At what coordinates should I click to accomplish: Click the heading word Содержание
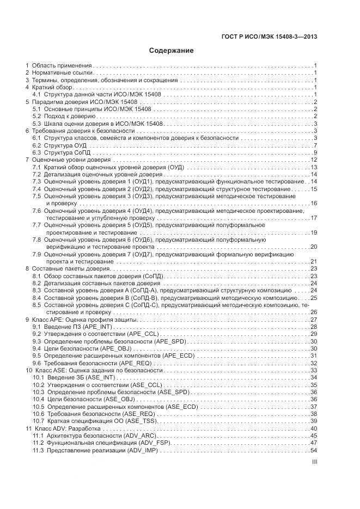coord(172,51)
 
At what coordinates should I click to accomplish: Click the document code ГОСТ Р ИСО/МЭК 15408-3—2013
coord(270,36)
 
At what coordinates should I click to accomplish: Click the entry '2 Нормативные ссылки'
coord(59,72)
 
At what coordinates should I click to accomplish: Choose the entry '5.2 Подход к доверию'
coord(64,116)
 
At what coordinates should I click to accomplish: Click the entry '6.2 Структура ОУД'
coord(60,145)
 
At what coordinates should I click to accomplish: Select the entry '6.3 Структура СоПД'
coord(62,152)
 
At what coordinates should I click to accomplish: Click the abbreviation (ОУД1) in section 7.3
coord(143,181)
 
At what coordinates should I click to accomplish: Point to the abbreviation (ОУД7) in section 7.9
coord(143,254)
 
